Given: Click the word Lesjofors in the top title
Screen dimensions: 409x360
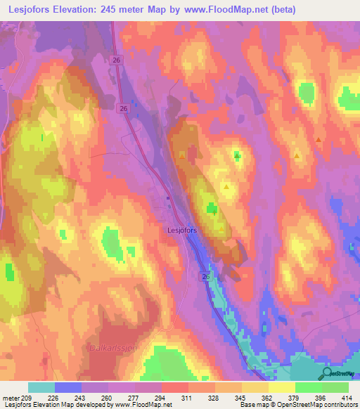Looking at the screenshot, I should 32,10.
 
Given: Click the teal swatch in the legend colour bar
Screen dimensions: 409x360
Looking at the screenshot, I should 41,387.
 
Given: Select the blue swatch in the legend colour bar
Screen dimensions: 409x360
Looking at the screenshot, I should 68,387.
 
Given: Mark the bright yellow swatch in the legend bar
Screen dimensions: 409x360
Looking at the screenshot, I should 282,387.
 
